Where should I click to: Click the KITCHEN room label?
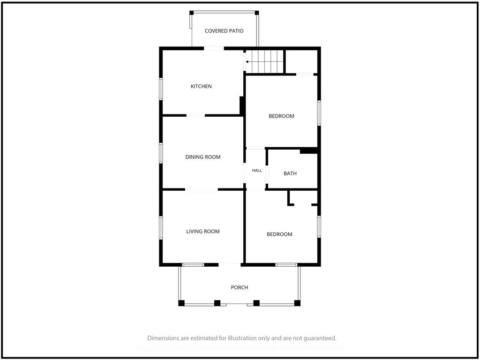tap(201, 86)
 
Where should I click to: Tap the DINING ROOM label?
tap(203, 157)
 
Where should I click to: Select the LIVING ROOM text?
tap(203, 232)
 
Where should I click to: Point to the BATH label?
tap(290, 173)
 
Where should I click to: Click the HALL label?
tap(257, 171)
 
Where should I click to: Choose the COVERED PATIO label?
tap(224, 31)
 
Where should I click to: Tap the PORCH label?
tap(240, 287)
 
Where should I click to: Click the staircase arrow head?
tap(247, 62)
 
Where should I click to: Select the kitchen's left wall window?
tap(161, 89)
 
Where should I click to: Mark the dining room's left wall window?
tap(161, 153)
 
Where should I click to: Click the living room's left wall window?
tap(161, 228)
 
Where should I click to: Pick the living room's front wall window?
tap(193, 265)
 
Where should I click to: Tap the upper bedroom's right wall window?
tap(319, 113)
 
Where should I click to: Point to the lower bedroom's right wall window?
tap(319, 226)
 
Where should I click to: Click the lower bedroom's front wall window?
tap(286, 265)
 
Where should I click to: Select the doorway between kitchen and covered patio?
tap(214, 48)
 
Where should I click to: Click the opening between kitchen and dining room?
tap(195, 115)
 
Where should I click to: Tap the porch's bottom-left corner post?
tap(181, 303)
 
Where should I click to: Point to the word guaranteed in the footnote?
tap(322, 338)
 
